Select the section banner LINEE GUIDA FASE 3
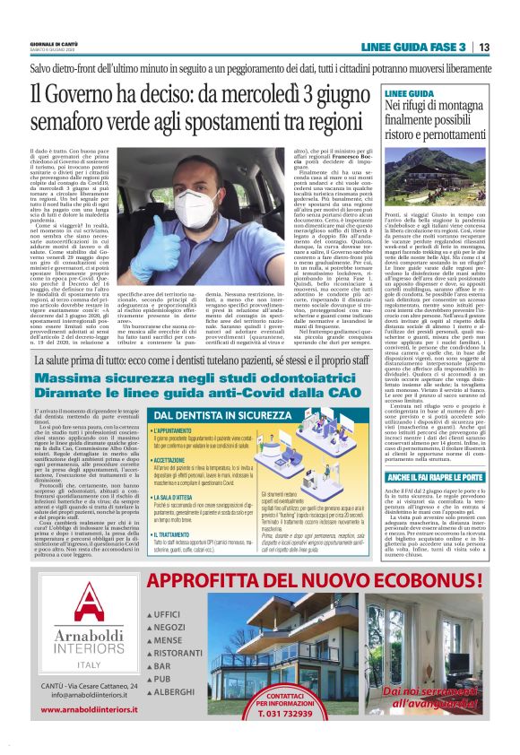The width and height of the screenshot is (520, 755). point(413,47)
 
